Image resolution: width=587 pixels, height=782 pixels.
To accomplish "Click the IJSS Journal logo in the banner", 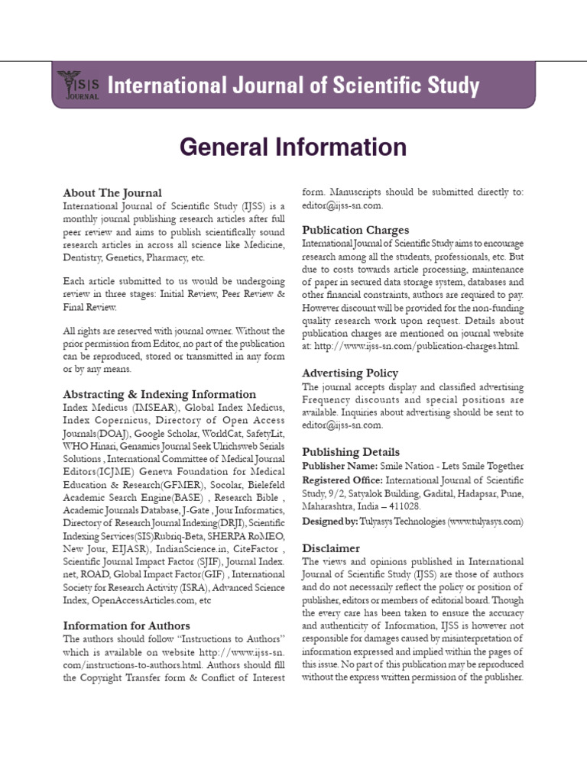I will pos(78,85).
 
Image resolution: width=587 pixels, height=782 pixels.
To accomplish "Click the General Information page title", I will pos(293,147).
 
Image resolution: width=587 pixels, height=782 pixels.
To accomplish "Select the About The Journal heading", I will pos(112,193).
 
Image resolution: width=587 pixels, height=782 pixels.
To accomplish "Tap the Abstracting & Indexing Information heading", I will pos(159,394).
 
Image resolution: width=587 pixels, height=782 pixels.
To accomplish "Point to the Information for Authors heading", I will pos(126,625).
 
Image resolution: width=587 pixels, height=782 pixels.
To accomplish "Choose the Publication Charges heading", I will pos(355,230).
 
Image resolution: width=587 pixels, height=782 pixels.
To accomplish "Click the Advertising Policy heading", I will pos(350,373).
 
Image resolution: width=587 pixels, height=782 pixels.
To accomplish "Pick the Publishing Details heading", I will pos(350,451).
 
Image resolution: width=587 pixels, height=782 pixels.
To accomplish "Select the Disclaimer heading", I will pos(331,548).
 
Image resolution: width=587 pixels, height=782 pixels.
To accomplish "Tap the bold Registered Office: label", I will pos(342,480).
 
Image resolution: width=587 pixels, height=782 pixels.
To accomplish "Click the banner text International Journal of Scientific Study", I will pos(294,85).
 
